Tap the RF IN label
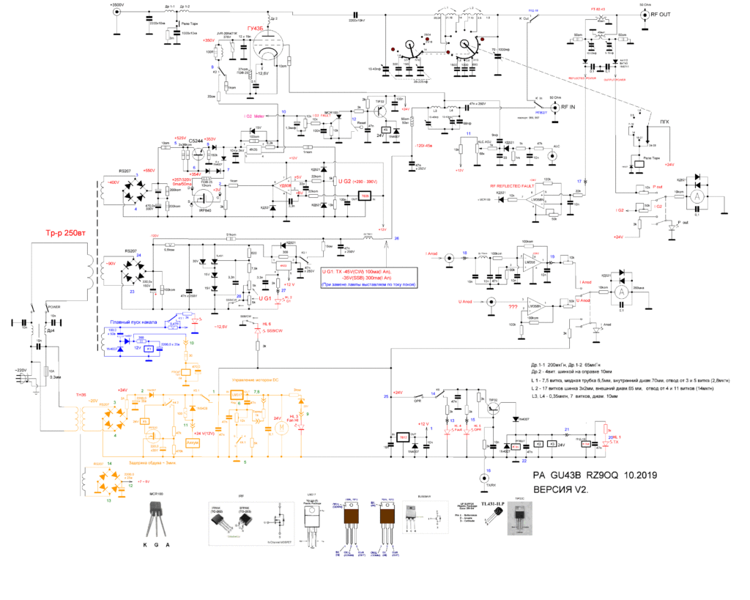point(568,107)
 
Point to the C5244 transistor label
point(197,141)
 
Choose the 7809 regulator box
point(365,196)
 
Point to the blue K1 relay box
point(149,350)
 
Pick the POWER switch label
point(53,306)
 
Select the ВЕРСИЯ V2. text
point(562,489)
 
